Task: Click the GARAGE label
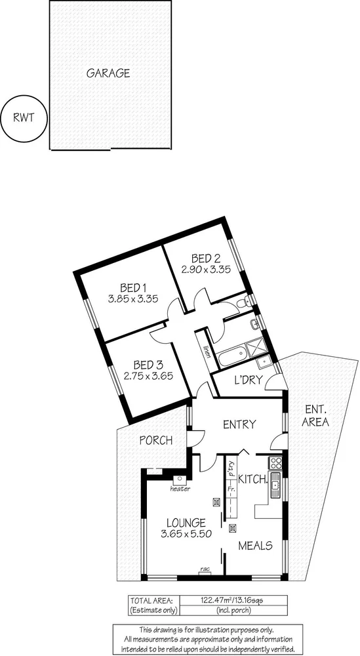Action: click(108, 73)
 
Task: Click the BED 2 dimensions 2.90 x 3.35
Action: click(205, 268)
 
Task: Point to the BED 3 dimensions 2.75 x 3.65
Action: click(147, 376)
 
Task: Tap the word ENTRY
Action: click(239, 424)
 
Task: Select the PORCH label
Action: click(155, 440)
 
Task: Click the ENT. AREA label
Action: click(315, 417)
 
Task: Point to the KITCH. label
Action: click(252, 480)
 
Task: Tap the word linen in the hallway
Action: click(207, 353)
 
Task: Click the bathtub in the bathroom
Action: click(232, 358)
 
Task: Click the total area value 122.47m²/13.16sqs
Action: click(240, 600)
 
